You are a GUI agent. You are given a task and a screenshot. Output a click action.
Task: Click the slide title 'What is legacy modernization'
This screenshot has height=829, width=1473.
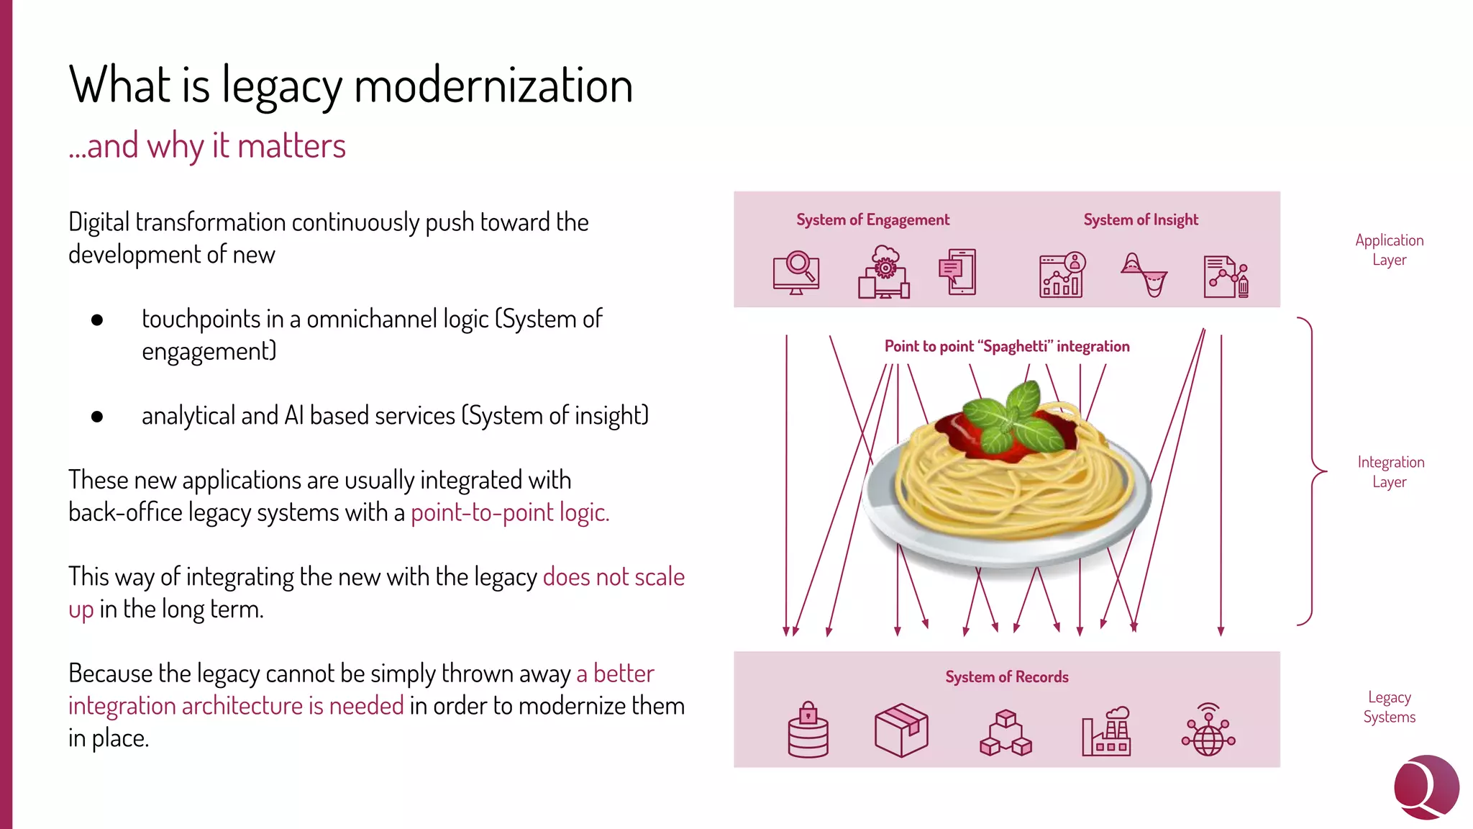[350, 86]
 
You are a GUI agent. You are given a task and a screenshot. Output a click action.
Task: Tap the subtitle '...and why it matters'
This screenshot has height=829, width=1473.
[207, 146]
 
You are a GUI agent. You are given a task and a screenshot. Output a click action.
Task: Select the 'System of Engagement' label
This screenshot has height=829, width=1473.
[872, 219]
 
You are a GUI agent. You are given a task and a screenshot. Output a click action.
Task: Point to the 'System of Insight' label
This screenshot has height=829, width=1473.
[1141, 219]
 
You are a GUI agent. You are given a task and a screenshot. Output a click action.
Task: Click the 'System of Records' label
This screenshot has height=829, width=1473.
[1006, 676]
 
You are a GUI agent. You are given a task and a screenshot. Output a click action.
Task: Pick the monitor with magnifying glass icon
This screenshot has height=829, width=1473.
[795, 273]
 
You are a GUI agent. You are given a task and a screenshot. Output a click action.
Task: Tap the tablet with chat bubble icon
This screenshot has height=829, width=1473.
[957, 272]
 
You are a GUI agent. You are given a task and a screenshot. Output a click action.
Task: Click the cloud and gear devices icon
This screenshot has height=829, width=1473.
[884, 272]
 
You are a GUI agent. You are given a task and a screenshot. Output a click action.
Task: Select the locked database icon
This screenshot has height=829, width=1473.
[808, 730]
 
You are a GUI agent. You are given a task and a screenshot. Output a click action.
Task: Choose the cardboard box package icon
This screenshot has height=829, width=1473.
[901, 730]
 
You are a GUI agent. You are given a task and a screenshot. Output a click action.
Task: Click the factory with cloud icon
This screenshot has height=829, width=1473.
[1106, 730]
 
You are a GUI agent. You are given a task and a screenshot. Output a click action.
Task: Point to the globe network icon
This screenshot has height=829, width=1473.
[1208, 730]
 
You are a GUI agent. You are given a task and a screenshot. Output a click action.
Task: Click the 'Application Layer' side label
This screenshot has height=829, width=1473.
[1389, 250]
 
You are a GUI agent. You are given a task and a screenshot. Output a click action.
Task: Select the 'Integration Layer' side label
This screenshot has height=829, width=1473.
[1390, 471]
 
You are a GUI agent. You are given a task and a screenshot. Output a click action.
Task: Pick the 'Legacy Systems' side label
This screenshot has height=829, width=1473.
[1389, 707]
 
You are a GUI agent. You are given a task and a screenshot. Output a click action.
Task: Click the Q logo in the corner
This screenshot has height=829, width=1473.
[1426, 787]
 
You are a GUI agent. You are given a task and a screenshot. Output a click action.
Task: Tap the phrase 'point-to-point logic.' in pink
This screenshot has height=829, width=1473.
[510, 512]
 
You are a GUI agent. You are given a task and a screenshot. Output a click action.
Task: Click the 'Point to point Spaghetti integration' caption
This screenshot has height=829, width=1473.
[1006, 346]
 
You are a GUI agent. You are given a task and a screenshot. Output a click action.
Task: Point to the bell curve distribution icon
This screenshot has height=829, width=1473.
[1144, 274]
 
